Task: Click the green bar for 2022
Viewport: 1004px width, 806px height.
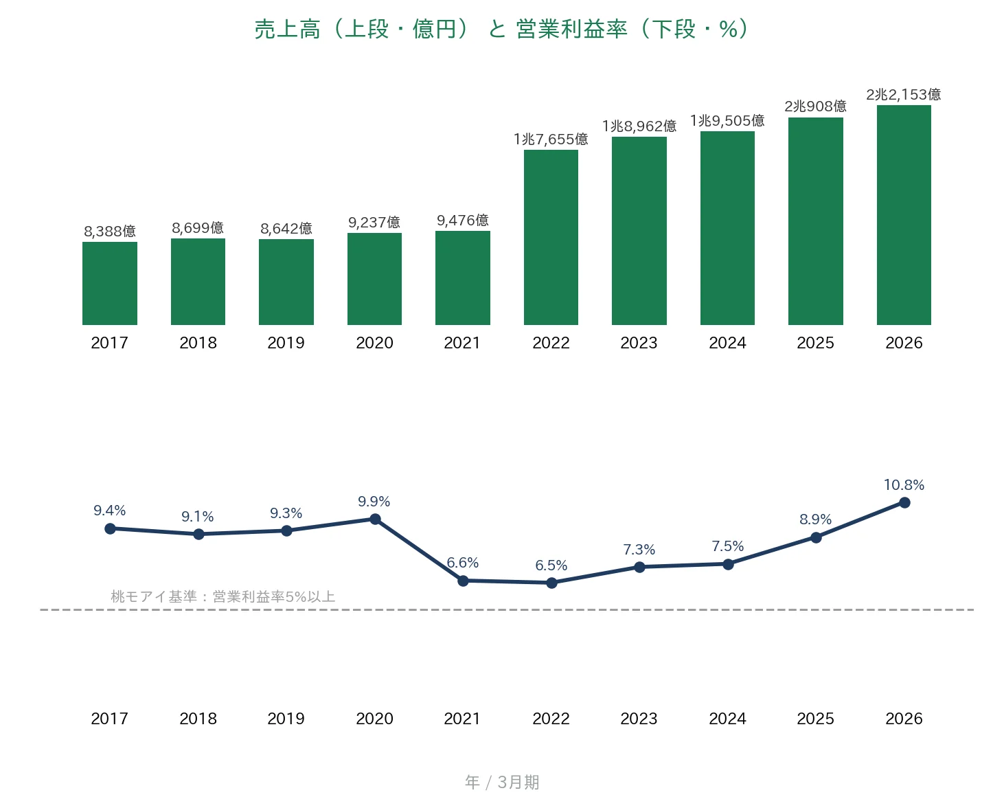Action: (x=551, y=237)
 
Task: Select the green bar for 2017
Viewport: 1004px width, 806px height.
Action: (x=110, y=284)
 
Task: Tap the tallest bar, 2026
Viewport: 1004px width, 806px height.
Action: (x=904, y=215)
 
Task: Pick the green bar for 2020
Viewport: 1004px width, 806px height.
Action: (x=374, y=279)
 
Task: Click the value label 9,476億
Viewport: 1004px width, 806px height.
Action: (x=462, y=221)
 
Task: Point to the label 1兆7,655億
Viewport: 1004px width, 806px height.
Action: (x=551, y=139)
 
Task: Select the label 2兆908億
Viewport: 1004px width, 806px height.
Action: (x=816, y=107)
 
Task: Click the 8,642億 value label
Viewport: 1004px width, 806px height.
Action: (x=286, y=228)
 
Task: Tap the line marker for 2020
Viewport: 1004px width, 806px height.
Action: (x=375, y=519)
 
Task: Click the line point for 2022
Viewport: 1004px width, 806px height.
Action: (x=551, y=583)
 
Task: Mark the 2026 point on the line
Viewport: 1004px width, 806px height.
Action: (x=904, y=502)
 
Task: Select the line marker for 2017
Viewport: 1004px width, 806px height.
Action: (x=110, y=528)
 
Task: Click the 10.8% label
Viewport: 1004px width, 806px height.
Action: (x=904, y=484)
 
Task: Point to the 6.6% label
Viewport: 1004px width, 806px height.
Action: (x=462, y=563)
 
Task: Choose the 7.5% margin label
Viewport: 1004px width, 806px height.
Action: (x=727, y=546)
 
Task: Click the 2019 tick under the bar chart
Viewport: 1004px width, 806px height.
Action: (x=286, y=344)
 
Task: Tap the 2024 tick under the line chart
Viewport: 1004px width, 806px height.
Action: (x=727, y=719)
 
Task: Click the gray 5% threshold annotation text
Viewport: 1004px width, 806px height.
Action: (x=223, y=597)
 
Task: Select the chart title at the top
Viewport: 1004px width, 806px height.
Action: (x=502, y=29)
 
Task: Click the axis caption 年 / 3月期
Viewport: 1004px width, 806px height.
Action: (x=502, y=782)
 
